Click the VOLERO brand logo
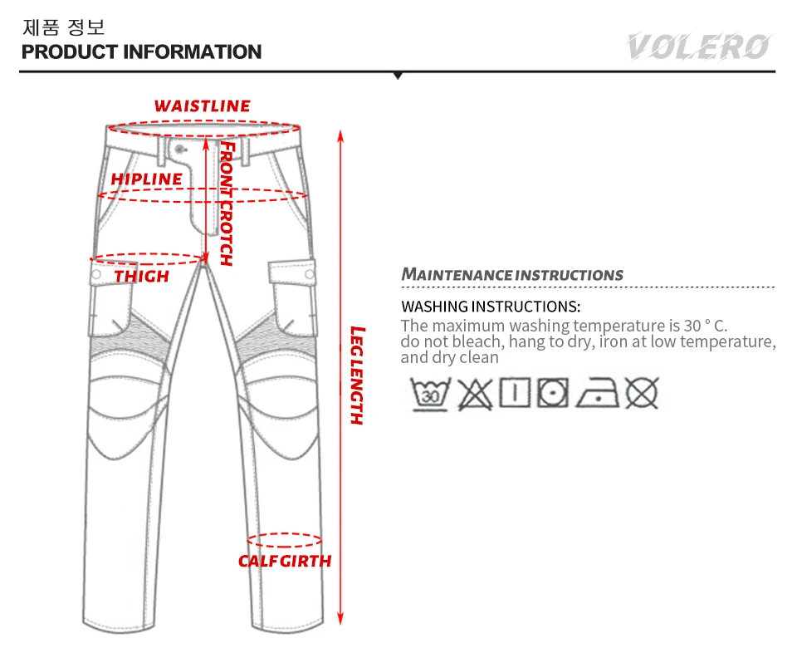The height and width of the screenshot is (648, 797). pyautogui.click(x=697, y=46)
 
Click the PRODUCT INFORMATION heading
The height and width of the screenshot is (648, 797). pyautogui.click(x=141, y=52)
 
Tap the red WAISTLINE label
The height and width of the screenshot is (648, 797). pyautogui.click(x=202, y=106)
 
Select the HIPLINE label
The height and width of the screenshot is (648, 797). pyautogui.click(x=147, y=179)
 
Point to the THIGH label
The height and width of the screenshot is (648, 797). pyautogui.click(x=141, y=276)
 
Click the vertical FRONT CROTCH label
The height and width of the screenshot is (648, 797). pyautogui.click(x=227, y=204)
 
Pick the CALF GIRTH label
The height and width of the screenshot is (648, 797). pyautogui.click(x=285, y=561)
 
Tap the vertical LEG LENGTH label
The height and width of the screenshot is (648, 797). pyautogui.click(x=357, y=376)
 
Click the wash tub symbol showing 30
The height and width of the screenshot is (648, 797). pyautogui.click(x=430, y=393)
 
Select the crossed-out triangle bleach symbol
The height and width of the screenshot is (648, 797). pyautogui.click(x=474, y=393)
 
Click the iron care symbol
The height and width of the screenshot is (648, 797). pyautogui.click(x=600, y=393)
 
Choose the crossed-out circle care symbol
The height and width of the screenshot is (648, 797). pyautogui.click(x=642, y=393)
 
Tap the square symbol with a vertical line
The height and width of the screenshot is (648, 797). pyautogui.click(x=516, y=393)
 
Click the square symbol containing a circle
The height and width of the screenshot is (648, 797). pyautogui.click(x=552, y=393)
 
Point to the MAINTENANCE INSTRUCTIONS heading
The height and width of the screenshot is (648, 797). pyautogui.click(x=512, y=274)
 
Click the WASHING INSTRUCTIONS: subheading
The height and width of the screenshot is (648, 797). pyautogui.click(x=490, y=307)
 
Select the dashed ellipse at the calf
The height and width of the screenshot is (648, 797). pyautogui.click(x=285, y=540)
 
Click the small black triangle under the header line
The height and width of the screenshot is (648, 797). pyautogui.click(x=398, y=76)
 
